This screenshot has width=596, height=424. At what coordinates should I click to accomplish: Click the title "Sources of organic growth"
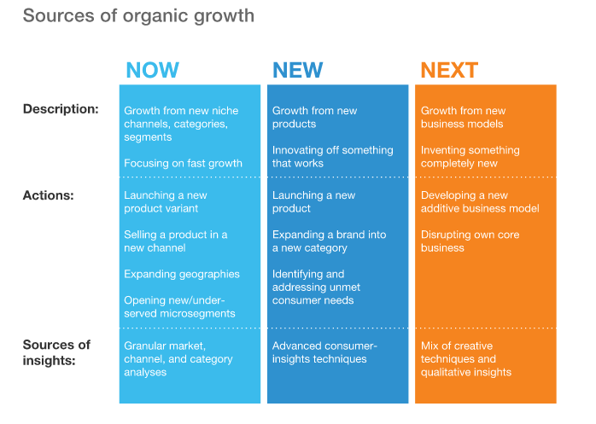tap(138, 16)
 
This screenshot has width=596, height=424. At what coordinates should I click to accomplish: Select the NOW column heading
tap(152, 70)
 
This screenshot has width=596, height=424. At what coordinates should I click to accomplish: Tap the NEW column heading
tap(298, 70)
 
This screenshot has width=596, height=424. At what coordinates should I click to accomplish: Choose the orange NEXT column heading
tap(449, 70)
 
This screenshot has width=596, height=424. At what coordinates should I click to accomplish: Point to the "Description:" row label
tap(61, 109)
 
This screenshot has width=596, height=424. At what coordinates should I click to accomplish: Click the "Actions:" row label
tap(49, 195)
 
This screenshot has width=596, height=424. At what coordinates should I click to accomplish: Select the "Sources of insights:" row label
tap(56, 352)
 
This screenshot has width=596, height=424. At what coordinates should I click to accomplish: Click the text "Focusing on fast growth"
tap(183, 163)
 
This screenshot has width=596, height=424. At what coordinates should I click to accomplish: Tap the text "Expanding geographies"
tap(182, 275)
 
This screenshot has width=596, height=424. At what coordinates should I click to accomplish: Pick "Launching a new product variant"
tap(166, 201)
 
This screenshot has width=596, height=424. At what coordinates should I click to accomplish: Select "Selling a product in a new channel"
tap(176, 241)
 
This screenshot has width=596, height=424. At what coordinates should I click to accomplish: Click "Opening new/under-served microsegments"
tap(179, 307)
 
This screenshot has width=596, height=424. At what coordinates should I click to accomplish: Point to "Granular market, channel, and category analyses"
tap(178, 359)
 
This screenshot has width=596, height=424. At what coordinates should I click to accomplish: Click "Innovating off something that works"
tap(333, 156)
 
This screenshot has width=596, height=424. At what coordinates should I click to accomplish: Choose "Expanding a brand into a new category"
tap(330, 241)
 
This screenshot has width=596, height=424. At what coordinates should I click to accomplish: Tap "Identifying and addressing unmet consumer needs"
tap(316, 288)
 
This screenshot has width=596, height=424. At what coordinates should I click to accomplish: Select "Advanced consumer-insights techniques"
tap(324, 352)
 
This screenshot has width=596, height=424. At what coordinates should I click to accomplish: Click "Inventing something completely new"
tap(470, 156)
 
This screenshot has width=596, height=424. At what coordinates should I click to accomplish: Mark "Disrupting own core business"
tap(470, 241)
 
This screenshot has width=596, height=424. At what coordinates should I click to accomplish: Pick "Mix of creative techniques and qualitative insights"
tap(466, 359)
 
